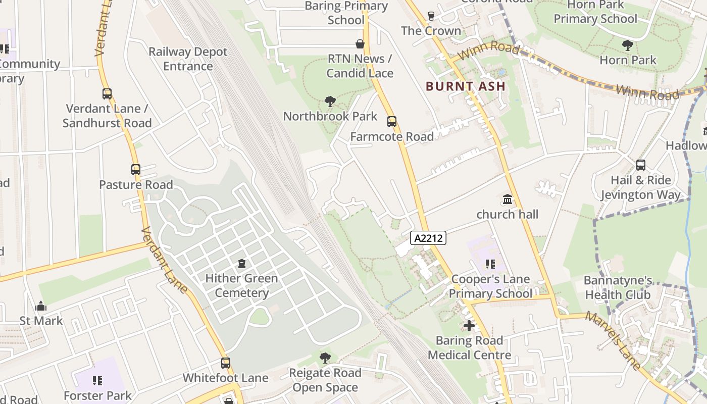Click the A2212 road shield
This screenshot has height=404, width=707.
point(428,238)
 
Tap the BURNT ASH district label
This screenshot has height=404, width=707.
point(466,86)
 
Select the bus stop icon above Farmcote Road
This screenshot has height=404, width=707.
point(391,121)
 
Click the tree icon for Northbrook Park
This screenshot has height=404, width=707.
point(330,102)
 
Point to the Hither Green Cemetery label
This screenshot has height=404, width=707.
point(241,285)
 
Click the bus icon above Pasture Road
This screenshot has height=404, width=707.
point(135,170)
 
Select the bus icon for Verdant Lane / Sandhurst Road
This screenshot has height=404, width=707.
point(107,93)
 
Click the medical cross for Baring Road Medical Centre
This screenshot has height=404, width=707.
point(469,326)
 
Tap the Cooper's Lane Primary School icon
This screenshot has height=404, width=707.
point(490,264)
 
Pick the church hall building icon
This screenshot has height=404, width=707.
point(508,199)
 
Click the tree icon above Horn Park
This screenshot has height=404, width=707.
point(627,45)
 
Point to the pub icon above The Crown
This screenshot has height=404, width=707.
point(431,16)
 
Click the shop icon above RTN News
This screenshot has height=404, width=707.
point(360,44)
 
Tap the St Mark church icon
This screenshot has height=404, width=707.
point(41,306)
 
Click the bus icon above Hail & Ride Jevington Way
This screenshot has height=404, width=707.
point(640,165)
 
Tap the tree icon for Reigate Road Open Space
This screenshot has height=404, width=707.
point(325,358)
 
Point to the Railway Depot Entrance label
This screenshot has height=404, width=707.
point(188,59)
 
